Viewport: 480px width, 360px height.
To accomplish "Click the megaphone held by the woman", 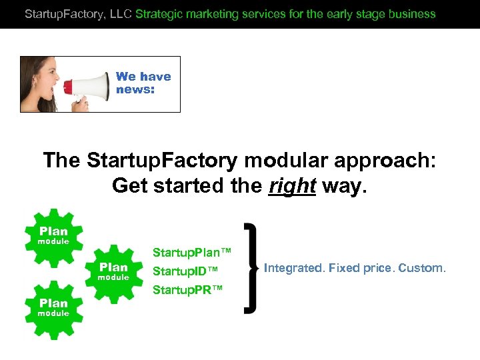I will coord(87,86).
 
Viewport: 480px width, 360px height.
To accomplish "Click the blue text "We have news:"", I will coord(143,83).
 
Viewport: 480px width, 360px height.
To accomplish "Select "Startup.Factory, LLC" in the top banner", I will coord(78,13).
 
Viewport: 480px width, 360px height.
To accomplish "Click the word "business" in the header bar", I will coord(413,13).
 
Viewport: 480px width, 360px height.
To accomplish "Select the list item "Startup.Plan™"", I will coord(192,252).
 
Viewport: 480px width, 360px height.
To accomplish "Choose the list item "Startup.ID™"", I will coord(185,271).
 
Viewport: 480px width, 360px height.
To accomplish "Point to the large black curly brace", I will coord(252,268).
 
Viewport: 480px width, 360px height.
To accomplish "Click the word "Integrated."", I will coord(293,268).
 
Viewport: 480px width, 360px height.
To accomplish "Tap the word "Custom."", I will coord(422,268).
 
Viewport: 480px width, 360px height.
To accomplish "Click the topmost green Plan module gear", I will coord(53,235).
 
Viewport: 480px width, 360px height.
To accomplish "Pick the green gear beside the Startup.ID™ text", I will coord(113,271).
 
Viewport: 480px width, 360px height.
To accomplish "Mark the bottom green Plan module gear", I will coord(53,307).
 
